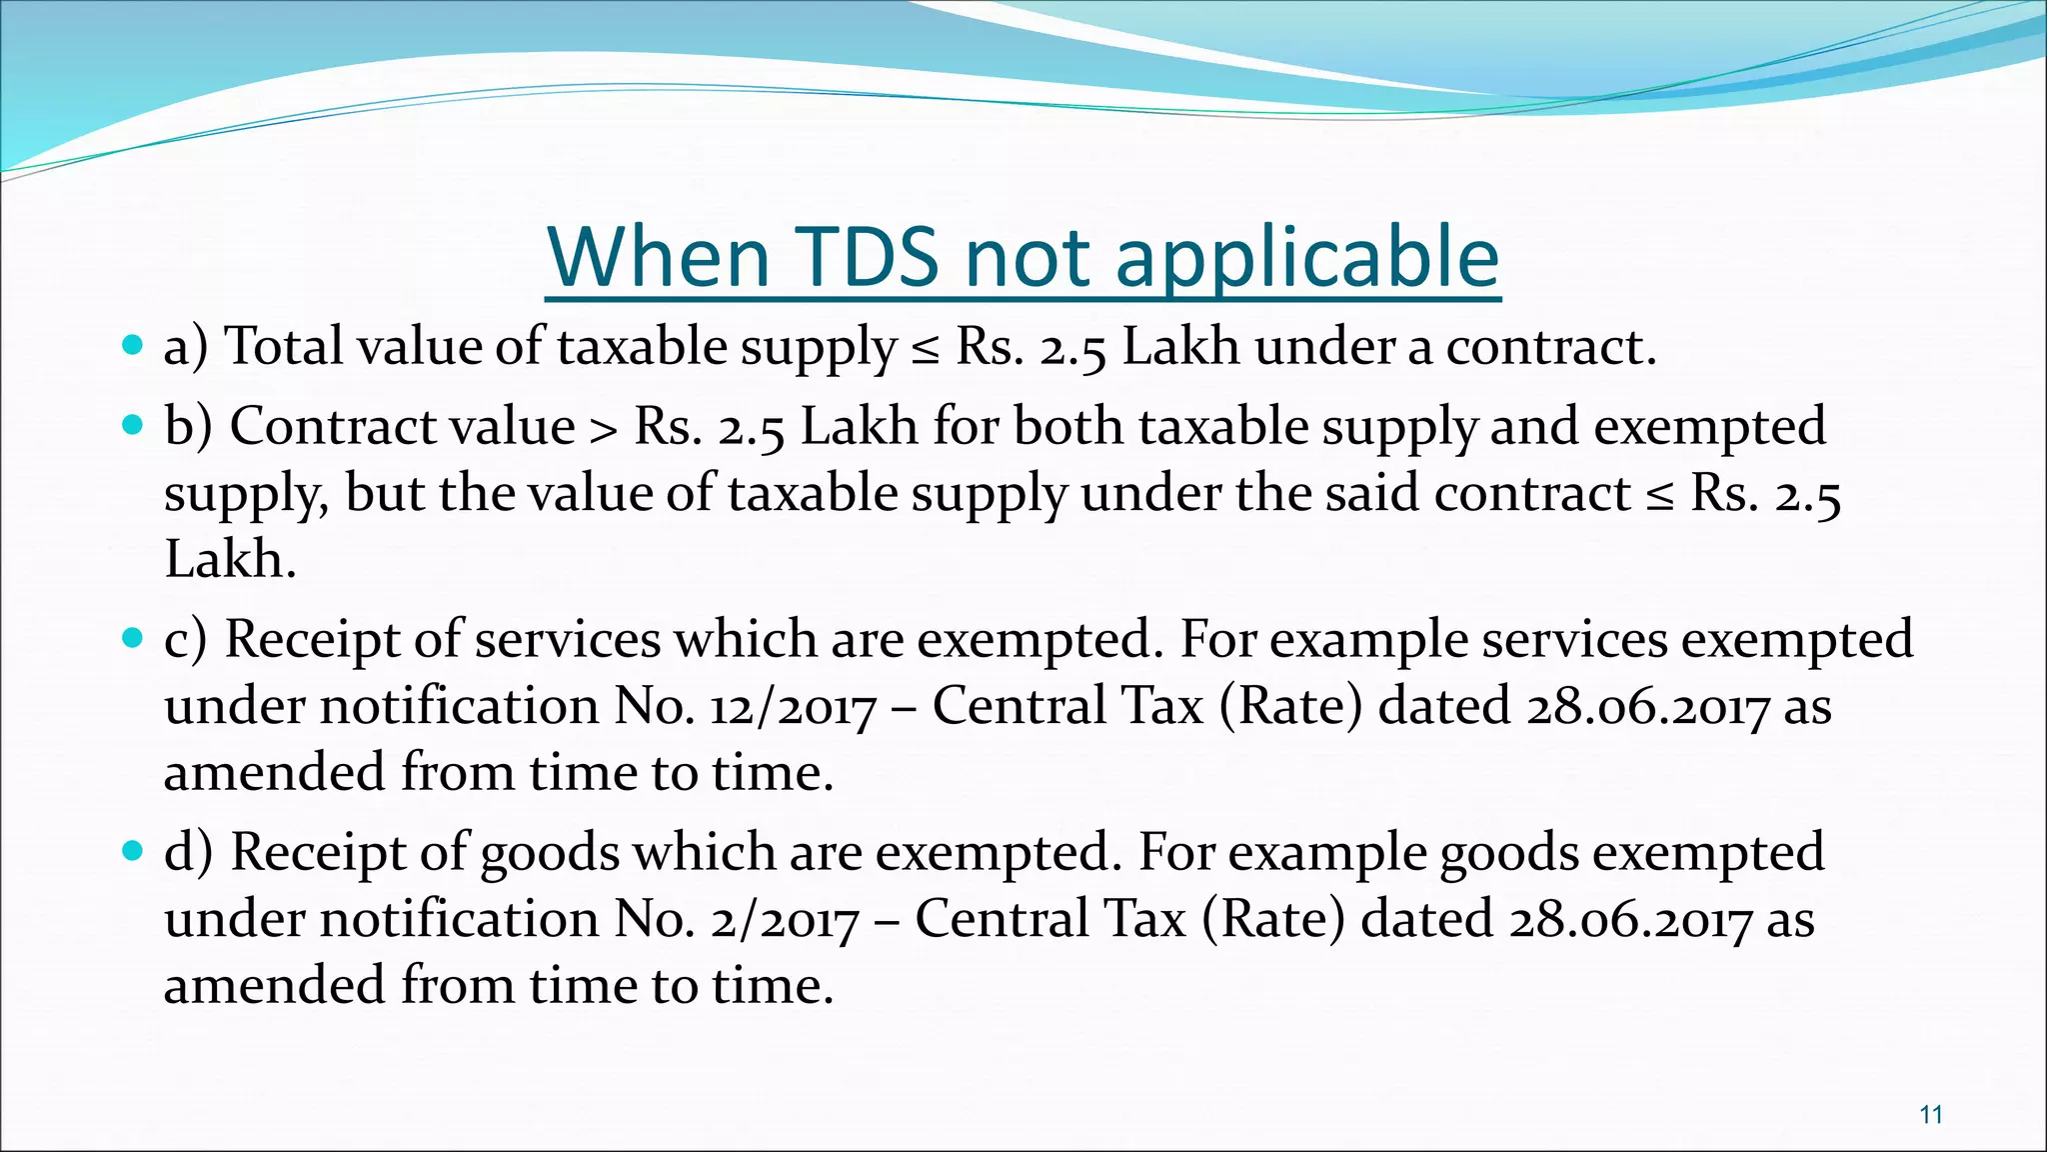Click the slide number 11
click(1931, 1114)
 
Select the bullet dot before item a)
click(131, 346)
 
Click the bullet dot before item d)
click(131, 852)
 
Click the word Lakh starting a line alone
click(229, 559)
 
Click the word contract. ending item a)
click(1551, 348)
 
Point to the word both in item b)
click(1068, 426)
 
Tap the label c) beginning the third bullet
click(186, 640)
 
